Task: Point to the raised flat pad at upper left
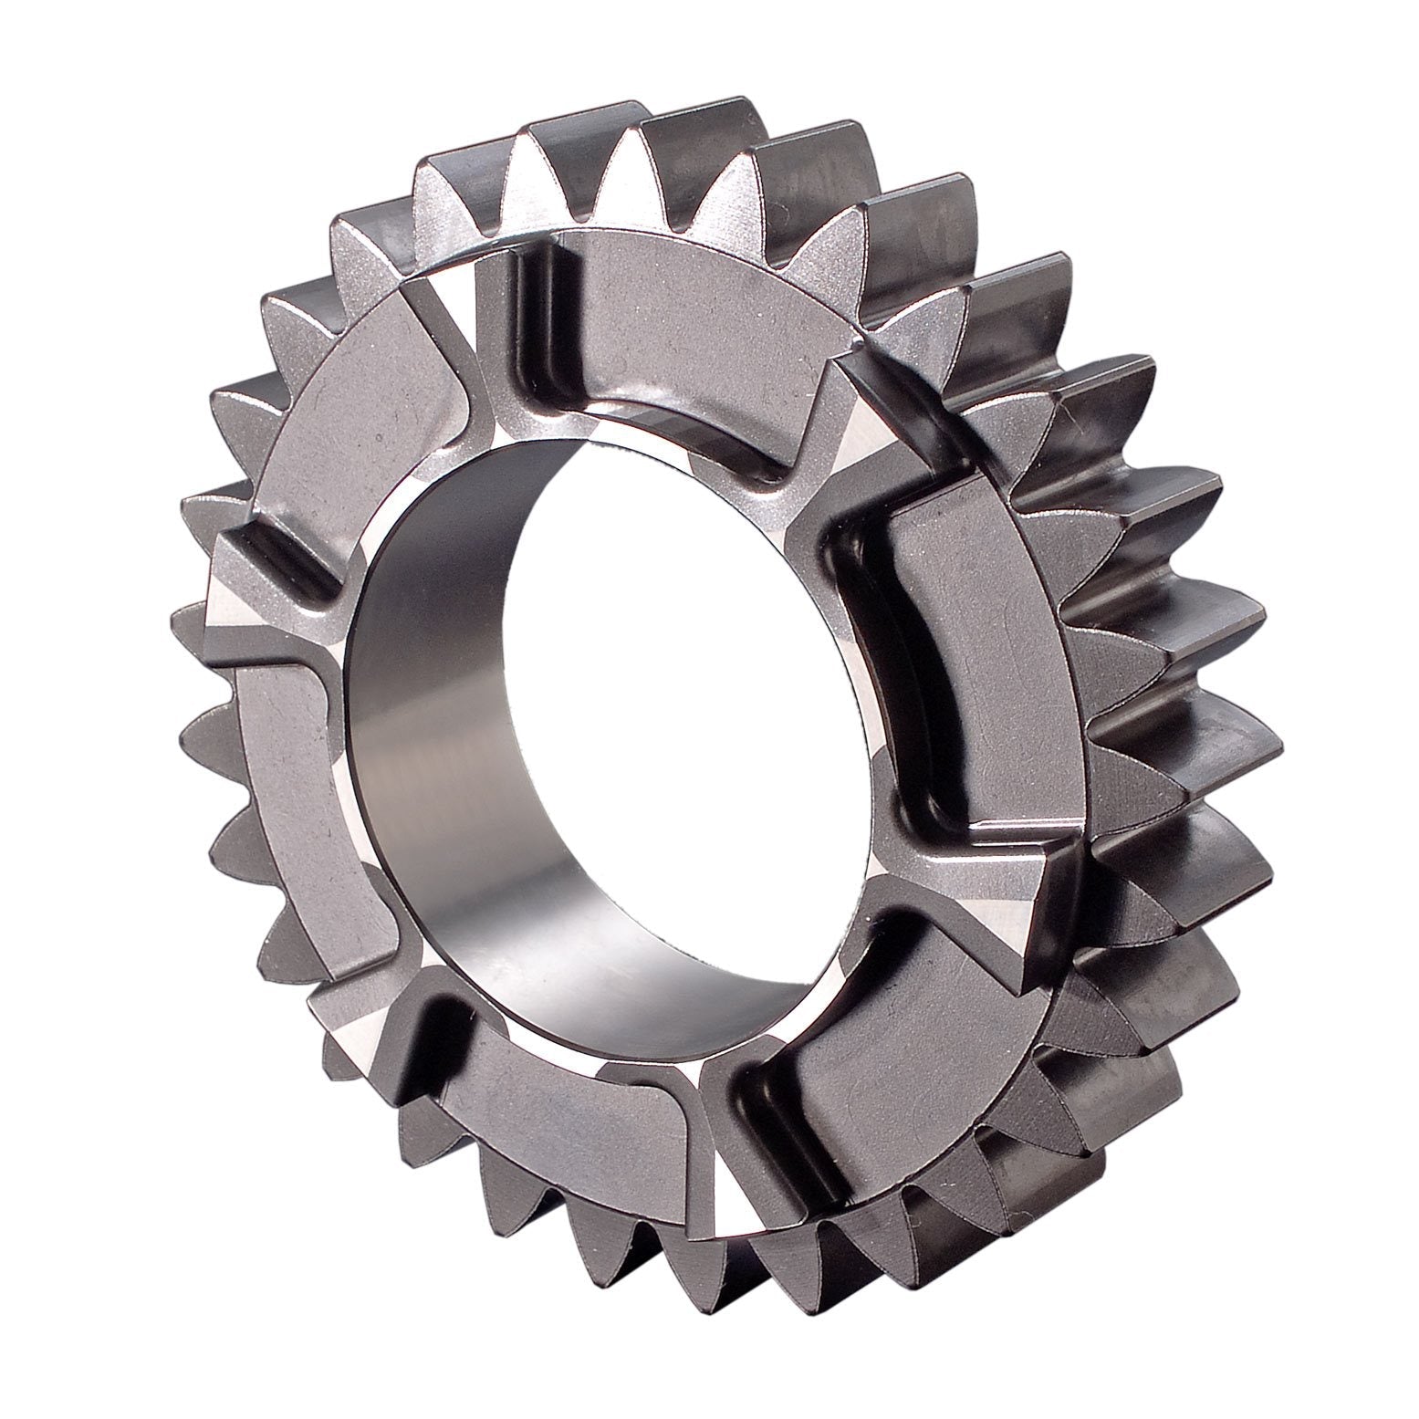click(x=365, y=383)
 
